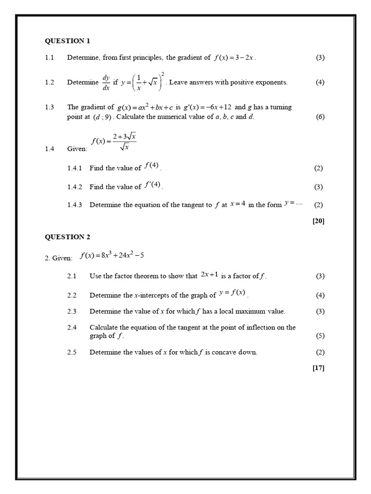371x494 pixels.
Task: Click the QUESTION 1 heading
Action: (x=68, y=41)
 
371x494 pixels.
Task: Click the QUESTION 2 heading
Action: (x=68, y=237)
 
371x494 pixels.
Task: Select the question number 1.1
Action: (x=49, y=58)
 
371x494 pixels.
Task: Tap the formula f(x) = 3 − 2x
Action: (x=234, y=58)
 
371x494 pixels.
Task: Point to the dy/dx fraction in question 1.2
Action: (x=106, y=82)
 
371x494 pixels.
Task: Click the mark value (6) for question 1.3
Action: (x=320, y=117)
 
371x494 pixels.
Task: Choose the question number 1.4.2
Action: (x=75, y=187)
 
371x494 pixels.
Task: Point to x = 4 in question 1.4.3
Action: (x=238, y=204)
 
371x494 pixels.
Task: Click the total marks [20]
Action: (x=318, y=221)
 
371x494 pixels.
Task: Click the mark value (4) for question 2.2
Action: (x=320, y=295)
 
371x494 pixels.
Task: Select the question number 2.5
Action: (x=72, y=352)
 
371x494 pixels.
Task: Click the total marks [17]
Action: (x=318, y=368)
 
